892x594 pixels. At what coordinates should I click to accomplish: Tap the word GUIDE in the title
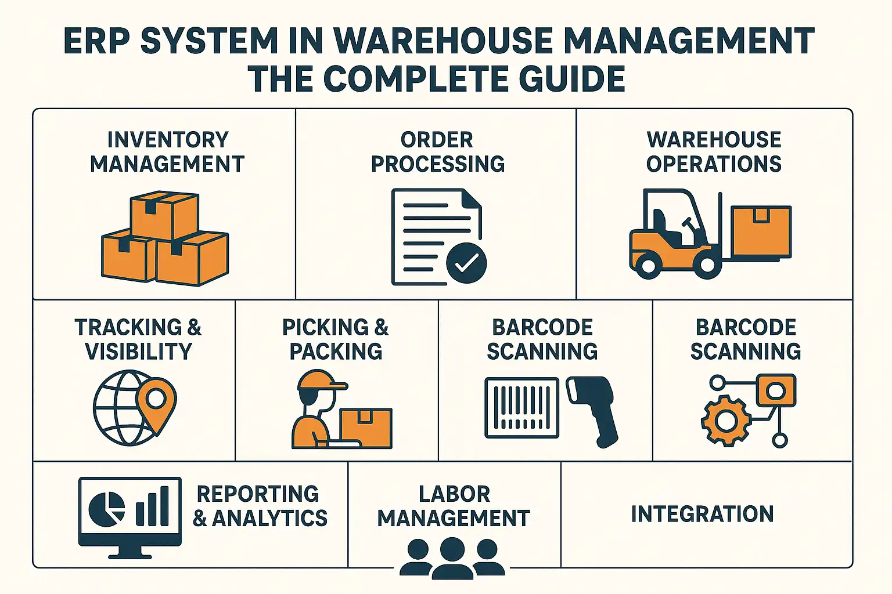[572, 78]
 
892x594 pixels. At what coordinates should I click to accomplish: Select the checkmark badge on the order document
[466, 263]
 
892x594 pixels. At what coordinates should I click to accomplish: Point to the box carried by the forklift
[761, 231]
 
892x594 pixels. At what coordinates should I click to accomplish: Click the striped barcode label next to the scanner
[521, 408]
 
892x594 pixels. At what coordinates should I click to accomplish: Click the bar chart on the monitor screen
[152, 506]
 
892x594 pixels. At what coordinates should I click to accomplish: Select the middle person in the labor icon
[452, 558]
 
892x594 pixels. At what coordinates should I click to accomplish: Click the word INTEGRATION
[703, 513]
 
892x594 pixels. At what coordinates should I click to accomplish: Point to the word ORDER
[437, 140]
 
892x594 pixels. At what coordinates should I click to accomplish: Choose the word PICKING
[325, 327]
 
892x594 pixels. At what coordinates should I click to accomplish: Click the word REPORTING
[258, 494]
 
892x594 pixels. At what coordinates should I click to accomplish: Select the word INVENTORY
[168, 140]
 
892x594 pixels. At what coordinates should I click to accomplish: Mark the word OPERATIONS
[714, 164]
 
